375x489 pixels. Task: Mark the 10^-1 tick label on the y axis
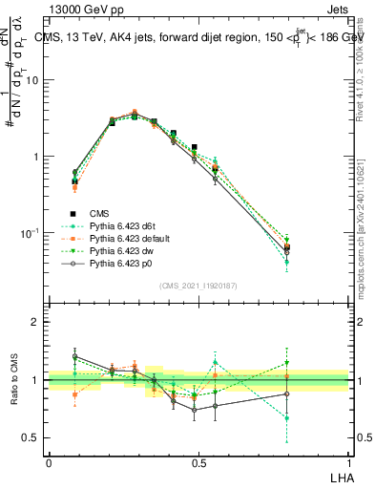pos(32,232)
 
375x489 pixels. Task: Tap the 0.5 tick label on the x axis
pos(198,461)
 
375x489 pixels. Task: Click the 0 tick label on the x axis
pos(49,461)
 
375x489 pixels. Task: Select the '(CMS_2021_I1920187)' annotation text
pos(198,286)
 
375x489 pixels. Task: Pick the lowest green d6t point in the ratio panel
pos(287,417)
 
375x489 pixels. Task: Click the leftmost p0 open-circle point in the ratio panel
pos(75,356)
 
